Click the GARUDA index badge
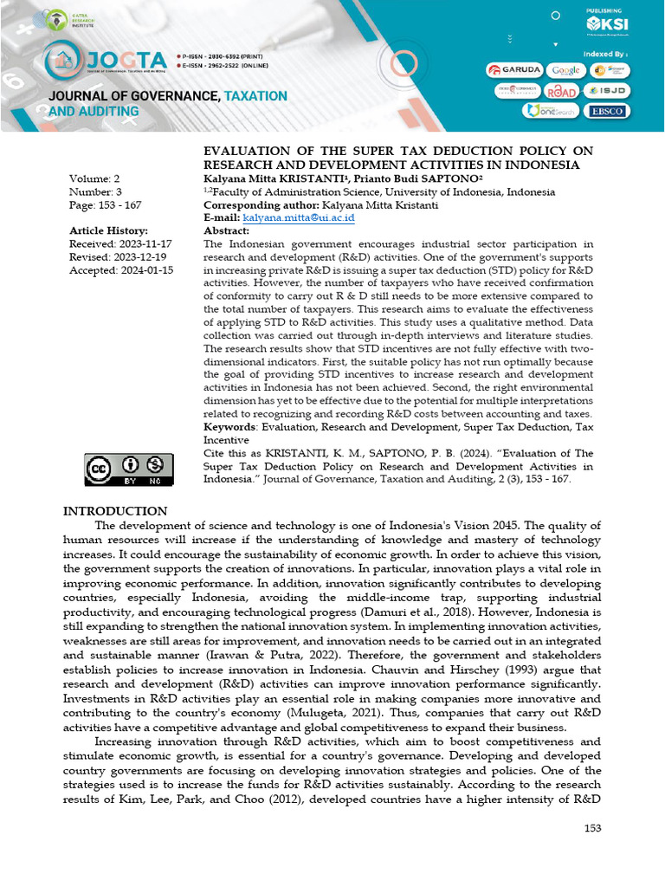(514, 70)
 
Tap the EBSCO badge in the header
(610, 111)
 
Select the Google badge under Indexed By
(566, 70)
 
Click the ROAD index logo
(561, 92)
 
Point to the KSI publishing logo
(608, 23)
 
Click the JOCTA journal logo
(105, 60)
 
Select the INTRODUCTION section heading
(115, 511)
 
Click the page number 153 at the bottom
(592, 829)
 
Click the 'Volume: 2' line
(94, 179)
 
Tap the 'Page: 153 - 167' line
(105, 205)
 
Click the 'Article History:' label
(108, 230)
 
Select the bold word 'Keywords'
(230, 427)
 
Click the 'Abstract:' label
(226, 231)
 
